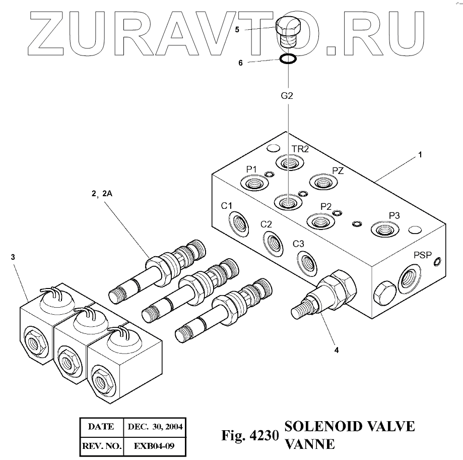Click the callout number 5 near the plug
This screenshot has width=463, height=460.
pyautogui.click(x=237, y=30)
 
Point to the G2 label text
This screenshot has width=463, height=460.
pyautogui.click(x=287, y=95)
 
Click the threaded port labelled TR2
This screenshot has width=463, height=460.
pyautogui.click(x=289, y=163)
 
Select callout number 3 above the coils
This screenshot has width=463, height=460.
pyautogui.click(x=12, y=257)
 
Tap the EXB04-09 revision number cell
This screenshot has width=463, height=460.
pyautogui.click(x=154, y=446)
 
